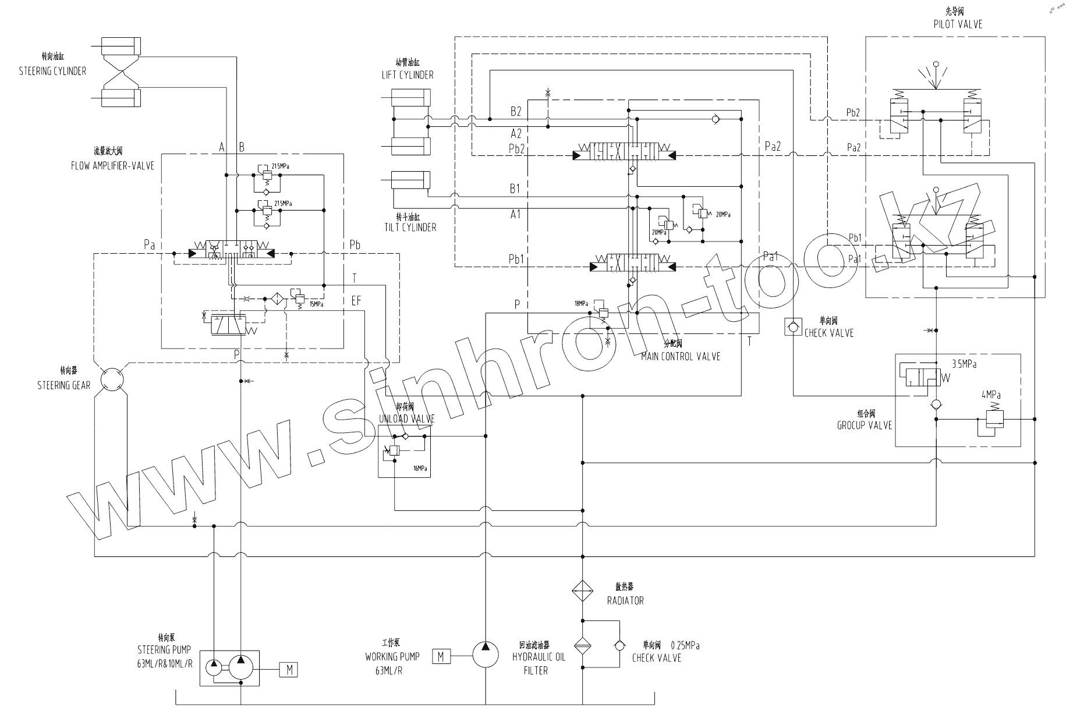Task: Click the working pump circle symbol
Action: coord(486,654)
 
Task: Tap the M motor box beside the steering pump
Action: coord(289,670)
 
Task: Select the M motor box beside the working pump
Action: coord(441,656)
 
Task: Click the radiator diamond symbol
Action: coord(582,591)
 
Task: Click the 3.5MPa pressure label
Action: coord(964,364)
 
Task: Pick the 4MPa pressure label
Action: coord(991,395)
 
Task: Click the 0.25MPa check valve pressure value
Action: coord(685,645)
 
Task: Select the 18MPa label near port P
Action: coord(581,304)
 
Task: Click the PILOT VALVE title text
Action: coord(957,24)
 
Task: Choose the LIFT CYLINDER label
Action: coord(408,74)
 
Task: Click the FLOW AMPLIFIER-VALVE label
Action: coord(112,166)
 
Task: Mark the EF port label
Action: coord(356,301)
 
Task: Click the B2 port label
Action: coord(515,111)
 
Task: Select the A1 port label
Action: coord(515,214)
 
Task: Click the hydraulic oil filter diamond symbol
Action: coord(582,645)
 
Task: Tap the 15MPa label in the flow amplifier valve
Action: coord(316,304)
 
